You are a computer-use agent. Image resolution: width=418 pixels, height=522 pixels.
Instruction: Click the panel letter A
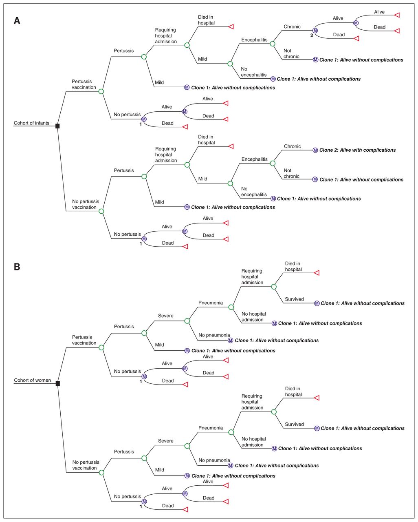coord(17,20)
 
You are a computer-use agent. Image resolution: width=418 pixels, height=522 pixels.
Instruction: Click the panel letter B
coord(17,267)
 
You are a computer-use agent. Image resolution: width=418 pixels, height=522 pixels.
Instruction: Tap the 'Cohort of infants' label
coord(31,123)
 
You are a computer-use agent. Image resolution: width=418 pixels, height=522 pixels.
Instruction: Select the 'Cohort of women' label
coord(33,380)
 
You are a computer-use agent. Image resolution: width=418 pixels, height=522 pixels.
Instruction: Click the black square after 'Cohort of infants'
coord(57,126)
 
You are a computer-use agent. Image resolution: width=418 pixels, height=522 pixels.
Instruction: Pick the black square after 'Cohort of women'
coord(58,383)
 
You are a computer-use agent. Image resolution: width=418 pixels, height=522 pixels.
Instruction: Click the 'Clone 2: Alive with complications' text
coord(357,150)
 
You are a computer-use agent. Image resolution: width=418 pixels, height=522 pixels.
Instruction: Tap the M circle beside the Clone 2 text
coord(315,150)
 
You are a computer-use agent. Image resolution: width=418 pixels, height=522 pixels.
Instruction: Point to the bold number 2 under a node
coord(312,35)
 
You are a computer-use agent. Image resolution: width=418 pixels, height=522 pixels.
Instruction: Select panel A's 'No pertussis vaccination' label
coord(85,204)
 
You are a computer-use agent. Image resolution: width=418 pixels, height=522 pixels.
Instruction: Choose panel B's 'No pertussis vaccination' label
coord(86,465)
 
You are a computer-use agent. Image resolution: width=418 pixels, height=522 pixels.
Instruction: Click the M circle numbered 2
coord(315,31)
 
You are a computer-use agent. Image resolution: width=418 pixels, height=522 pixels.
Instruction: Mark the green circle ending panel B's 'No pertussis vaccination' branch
coord(102,473)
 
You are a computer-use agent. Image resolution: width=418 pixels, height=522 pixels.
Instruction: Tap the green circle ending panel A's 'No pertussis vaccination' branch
coord(101,211)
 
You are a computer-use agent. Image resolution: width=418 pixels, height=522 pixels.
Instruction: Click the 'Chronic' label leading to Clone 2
coord(292,146)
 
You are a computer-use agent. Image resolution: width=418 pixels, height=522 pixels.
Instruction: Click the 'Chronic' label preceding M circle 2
coord(292,27)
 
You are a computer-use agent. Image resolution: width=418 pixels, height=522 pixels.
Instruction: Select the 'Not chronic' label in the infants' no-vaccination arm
coord(291,173)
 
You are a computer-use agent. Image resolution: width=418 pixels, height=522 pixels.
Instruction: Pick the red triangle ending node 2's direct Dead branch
coord(356,38)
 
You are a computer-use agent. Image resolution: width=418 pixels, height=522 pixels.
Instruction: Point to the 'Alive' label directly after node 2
coord(338,18)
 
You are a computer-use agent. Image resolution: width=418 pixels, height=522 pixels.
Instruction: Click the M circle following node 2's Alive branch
coord(356,23)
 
